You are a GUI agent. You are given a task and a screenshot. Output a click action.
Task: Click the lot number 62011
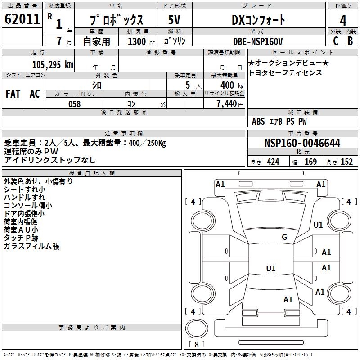coord(22,19)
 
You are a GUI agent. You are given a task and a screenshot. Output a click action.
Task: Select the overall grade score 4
coord(343,20)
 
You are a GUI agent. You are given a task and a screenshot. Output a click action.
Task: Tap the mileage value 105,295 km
coord(53,64)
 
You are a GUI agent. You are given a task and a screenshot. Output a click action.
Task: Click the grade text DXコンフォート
coord(258,20)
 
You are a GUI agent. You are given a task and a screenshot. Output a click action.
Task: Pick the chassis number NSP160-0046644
coord(302,143)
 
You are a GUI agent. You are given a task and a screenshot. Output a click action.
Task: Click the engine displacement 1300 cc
coord(138,41)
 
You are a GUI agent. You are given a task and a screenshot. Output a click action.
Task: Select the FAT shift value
coord(13,94)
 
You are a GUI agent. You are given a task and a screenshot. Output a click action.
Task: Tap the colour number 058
coord(74,103)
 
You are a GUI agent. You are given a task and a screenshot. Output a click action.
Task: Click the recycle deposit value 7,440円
coord(230,103)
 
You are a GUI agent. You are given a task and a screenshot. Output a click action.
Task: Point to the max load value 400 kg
coord(229,85)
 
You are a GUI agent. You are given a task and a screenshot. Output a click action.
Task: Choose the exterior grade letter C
coord(335,41)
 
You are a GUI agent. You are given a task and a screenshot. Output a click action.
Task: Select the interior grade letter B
coord(351,41)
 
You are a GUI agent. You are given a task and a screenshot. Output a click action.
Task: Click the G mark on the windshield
coord(284,237)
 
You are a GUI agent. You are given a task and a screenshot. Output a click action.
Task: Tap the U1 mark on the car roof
coord(270,268)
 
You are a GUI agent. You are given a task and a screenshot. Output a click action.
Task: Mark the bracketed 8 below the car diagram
coord(196,344)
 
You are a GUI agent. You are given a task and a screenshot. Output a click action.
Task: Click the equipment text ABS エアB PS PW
coord(279,121)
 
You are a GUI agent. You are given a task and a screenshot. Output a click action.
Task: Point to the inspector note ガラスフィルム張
coord(31,246)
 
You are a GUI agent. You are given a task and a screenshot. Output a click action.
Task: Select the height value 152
coord(346,162)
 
